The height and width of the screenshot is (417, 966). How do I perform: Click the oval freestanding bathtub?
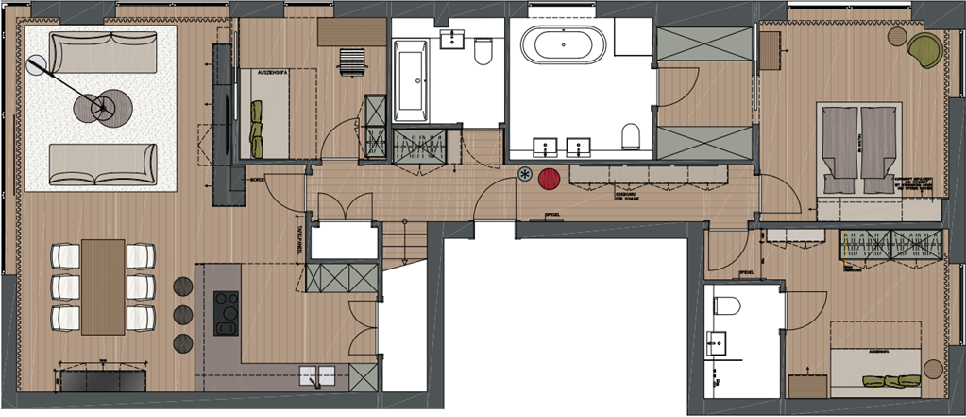(562, 43)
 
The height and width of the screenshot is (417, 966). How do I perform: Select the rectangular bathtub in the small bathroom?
(411, 79)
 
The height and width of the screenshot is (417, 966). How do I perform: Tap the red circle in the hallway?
(550, 179)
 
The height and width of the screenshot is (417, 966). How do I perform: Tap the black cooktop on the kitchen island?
(227, 313)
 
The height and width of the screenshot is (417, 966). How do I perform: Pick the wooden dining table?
(103, 287)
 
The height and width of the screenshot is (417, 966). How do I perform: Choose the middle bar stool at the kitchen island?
(182, 313)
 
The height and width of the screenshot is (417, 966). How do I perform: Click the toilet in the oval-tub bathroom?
(633, 136)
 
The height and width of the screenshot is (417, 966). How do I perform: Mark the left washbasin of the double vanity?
(545, 147)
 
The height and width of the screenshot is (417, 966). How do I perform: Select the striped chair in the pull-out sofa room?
(351, 61)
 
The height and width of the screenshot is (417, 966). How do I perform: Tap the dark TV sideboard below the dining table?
(102, 381)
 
